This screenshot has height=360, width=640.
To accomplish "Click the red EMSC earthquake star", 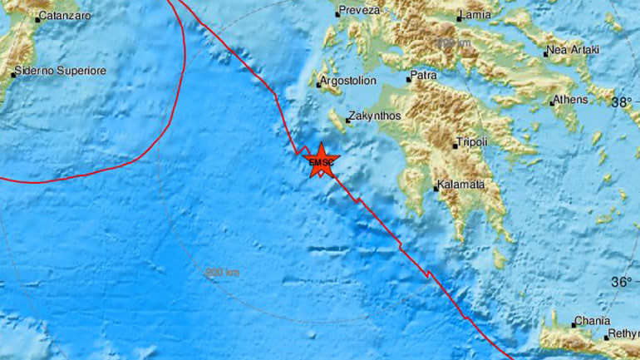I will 320,160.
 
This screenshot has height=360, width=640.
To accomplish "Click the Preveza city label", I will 361,11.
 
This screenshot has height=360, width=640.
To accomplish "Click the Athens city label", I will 572,100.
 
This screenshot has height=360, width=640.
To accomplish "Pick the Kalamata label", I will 462,185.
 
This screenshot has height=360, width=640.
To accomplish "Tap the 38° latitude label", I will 621,103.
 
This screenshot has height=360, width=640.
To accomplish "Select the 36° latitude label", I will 621,282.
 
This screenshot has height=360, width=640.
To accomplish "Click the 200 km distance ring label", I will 222,272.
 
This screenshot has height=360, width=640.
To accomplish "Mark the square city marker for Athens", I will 552,103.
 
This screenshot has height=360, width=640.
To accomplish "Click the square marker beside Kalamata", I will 436,188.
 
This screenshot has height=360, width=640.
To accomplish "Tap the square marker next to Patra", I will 410,80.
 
